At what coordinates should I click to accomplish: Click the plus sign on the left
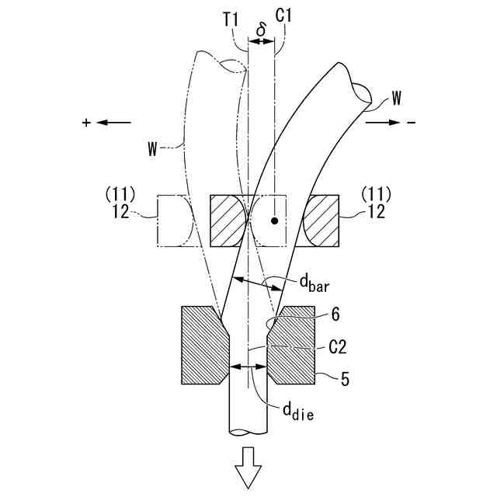click(86, 123)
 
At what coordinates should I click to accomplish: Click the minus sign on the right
click(412, 123)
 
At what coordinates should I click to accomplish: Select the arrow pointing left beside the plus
click(113, 123)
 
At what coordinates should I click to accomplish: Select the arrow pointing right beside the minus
click(383, 123)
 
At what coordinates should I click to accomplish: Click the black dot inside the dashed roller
click(274, 221)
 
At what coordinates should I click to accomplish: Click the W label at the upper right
click(397, 98)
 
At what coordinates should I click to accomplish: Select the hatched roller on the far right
click(321, 221)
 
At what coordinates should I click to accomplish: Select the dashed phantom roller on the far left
click(175, 221)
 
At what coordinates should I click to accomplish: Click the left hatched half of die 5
click(204, 345)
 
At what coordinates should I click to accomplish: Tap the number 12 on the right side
click(376, 212)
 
